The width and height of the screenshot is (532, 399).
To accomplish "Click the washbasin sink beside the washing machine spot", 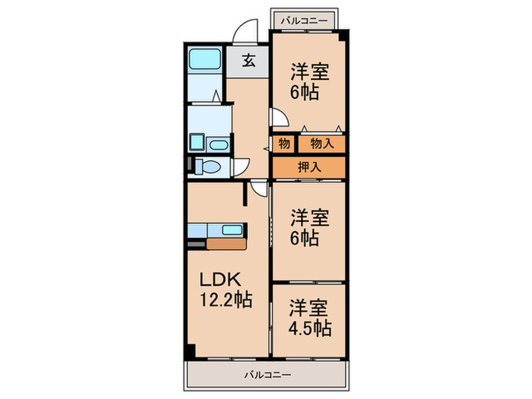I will (218, 144).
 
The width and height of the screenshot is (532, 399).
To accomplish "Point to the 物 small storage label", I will (283, 142).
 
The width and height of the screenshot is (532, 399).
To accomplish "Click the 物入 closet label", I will (320, 142).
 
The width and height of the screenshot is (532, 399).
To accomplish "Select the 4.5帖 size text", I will (309, 329).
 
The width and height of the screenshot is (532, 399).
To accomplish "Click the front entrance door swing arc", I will (245, 31).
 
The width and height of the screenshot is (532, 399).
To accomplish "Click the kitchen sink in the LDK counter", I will (230, 230).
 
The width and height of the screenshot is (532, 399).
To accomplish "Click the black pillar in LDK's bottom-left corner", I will (190, 352).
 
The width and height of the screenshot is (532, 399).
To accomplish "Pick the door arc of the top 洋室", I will (278, 116).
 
